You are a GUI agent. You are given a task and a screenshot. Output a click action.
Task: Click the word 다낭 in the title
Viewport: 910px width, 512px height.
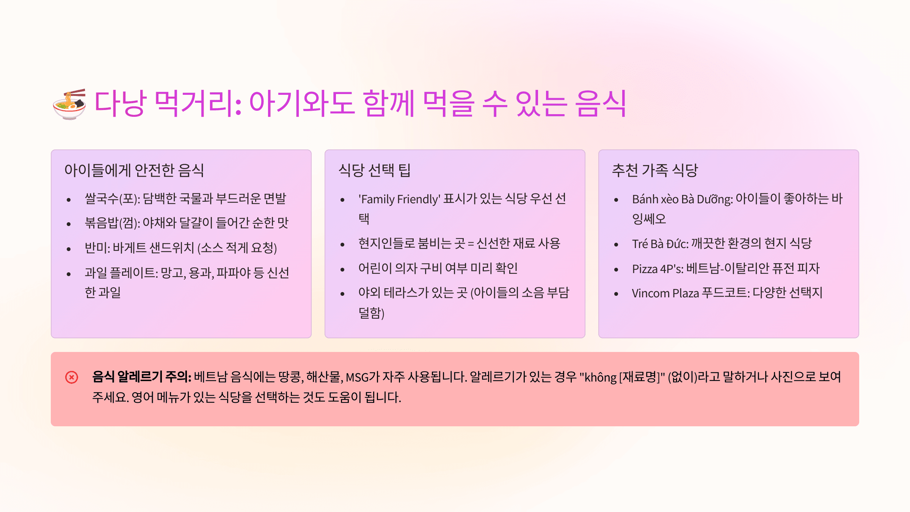[x=120, y=103]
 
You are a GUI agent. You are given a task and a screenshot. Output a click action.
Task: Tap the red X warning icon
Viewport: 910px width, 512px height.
[x=72, y=377]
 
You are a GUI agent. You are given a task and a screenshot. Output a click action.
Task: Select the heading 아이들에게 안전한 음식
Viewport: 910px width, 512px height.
[x=134, y=170]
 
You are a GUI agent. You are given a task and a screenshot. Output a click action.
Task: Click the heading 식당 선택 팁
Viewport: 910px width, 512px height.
[x=374, y=170]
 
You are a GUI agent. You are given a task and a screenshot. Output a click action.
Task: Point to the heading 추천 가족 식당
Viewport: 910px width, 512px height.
[x=655, y=170]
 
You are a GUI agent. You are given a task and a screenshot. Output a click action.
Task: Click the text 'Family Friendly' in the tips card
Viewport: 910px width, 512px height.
[x=399, y=199]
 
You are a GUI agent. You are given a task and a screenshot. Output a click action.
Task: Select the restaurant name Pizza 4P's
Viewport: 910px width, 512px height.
[x=657, y=269]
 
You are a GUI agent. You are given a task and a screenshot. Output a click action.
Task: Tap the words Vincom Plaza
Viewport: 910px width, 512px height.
[x=665, y=293]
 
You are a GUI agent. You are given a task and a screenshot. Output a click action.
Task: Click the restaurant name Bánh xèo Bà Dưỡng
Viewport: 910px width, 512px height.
[x=682, y=199]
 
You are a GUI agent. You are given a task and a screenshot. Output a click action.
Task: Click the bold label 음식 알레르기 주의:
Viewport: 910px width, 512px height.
[x=142, y=377]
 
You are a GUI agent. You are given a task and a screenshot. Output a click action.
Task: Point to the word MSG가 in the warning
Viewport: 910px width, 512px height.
[x=363, y=377]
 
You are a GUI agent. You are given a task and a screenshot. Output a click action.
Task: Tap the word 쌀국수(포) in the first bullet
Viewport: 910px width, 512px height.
[x=112, y=199]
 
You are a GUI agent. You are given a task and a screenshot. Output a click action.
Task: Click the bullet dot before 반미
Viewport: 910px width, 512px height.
[x=69, y=249]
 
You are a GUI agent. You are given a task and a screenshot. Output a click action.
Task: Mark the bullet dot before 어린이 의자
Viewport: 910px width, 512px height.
[x=342, y=270]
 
